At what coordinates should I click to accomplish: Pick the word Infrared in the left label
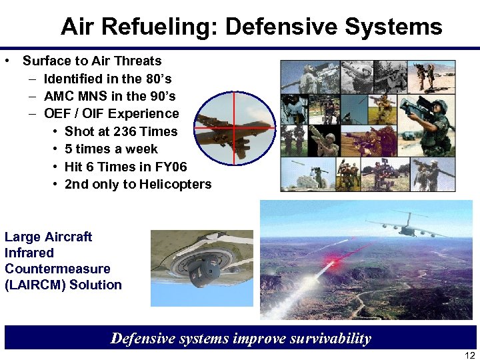click(29, 253)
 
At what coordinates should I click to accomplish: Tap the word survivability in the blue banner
click(320, 338)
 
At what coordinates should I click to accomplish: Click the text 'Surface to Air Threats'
click(92, 61)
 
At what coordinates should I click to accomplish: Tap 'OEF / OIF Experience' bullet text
click(111, 113)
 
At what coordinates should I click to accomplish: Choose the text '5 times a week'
click(111, 149)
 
